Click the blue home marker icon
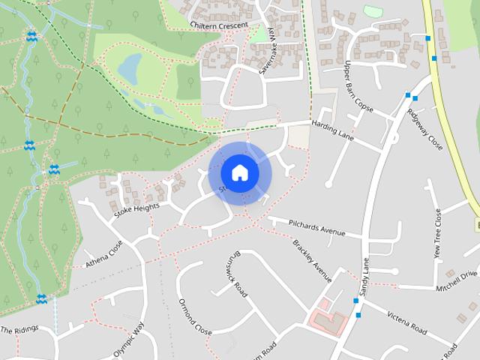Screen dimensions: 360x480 click(239, 173)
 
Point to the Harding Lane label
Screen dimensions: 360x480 click(332, 128)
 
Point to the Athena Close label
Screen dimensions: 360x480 click(104, 253)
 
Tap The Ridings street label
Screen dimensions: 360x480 click(19, 330)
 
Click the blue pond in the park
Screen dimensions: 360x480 click(130, 68)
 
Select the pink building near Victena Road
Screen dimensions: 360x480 click(325, 318)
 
